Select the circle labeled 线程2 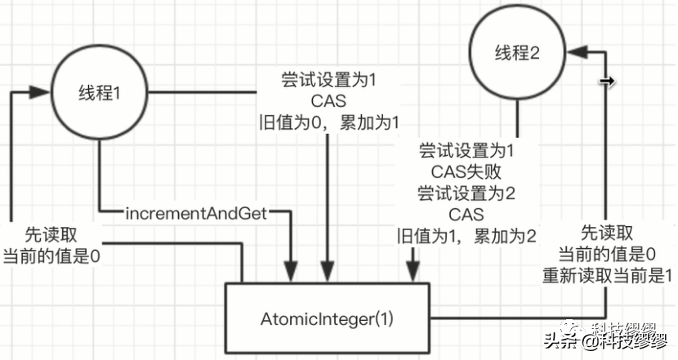point(518,54)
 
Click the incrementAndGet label point(197,214)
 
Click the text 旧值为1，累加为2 point(467,236)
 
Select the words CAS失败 point(466,172)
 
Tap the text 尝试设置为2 point(466,193)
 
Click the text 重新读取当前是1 point(606,274)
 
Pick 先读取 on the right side point(606,233)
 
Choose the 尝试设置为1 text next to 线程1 point(328,81)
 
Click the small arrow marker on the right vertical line point(604,82)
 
